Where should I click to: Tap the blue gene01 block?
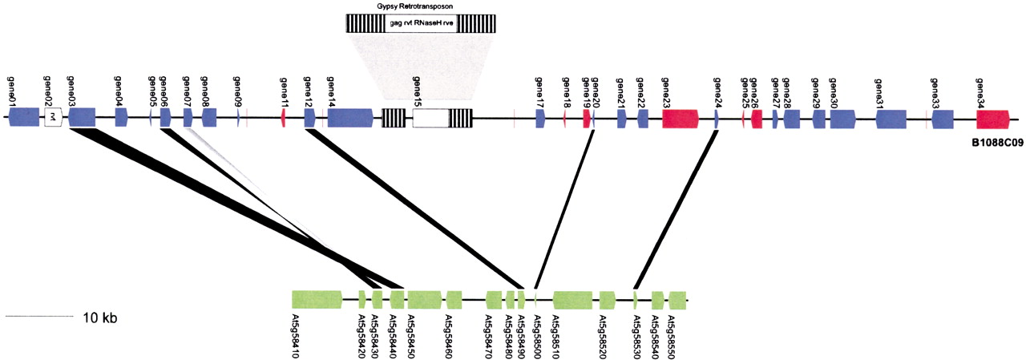[x=23, y=117]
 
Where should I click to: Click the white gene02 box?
[x=53, y=117]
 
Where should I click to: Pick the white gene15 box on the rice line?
[x=430, y=119]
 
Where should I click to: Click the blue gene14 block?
[x=349, y=118]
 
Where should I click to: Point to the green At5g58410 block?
[x=317, y=300]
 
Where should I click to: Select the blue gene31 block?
[x=891, y=119]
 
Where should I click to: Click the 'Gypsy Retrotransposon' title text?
[x=410, y=6]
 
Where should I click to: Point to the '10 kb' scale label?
[x=99, y=318]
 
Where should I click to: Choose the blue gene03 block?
[x=82, y=117]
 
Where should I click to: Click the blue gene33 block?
[x=943, y=119]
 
